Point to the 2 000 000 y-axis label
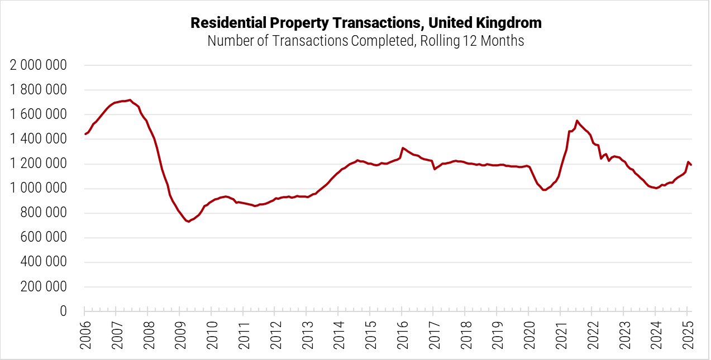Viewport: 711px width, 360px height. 39,65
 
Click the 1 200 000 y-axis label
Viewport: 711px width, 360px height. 39,164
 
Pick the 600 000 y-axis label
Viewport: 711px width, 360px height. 45,237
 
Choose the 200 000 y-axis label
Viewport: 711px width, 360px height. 45,286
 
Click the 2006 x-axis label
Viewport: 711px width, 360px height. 85,335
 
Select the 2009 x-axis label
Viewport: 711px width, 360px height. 180,335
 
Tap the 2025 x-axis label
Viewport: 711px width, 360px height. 687,335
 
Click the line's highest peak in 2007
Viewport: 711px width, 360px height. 130,100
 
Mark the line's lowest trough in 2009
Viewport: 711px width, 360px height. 189,222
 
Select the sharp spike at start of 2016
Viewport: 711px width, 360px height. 403,148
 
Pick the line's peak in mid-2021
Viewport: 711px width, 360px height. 577,121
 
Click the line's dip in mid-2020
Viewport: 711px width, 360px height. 544,190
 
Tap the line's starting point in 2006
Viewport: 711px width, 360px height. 85,134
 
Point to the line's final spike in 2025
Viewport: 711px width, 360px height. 688,162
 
